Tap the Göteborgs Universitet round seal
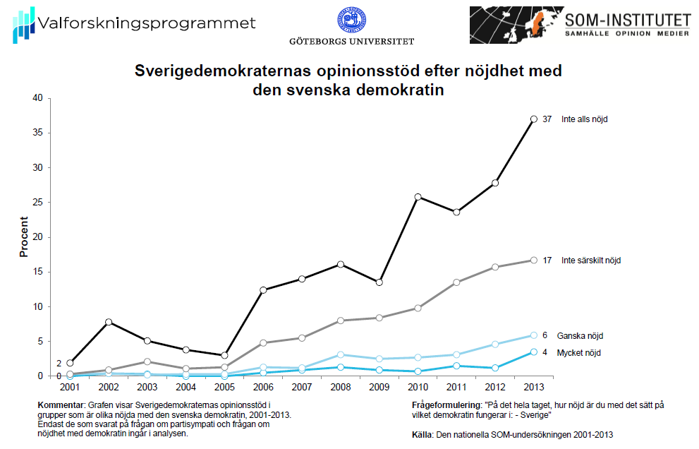[x=351, y=20]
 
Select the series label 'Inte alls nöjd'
[x=584, y=119]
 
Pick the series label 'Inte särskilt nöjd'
[x=590, y=261]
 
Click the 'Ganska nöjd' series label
[x=580, y=336]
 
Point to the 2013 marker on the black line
[x=534, y=119]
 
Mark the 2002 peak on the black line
[x=109, y=322]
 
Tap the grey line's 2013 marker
[x=534, y=260]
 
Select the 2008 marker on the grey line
[x=341, y=321]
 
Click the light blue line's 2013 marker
[x=534, y=335]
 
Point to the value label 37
[x=547, y=119]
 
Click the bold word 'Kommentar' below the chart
[x=61, y=406]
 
